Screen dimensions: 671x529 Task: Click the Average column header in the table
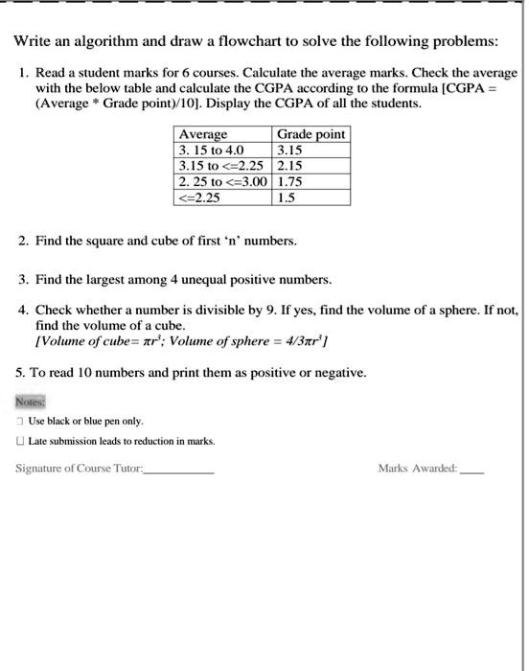[203, 134]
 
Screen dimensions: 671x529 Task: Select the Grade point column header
[310, 134]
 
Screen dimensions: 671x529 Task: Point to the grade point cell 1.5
[285, 197]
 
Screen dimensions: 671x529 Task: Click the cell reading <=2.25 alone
[199, 197]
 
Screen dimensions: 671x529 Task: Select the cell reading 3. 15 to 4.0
[212, 150]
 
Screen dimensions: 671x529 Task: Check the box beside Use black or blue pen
[20, 422]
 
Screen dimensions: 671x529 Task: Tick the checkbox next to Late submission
[20, 441]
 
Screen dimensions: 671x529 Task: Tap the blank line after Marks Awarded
[471, 471]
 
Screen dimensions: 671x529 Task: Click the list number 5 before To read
[20, 372]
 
